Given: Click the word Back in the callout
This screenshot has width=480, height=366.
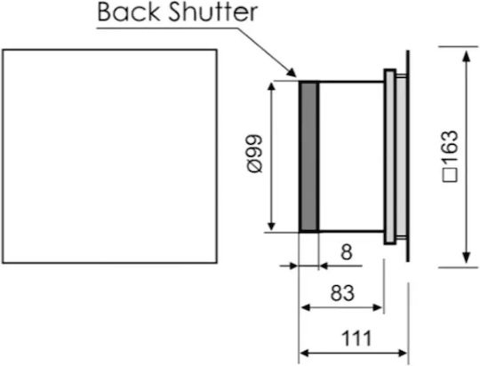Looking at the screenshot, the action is (x=128, y=12).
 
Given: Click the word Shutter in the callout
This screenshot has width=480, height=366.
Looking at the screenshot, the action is (x=213, y=12).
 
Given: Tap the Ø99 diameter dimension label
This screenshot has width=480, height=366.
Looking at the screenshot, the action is (x=255, y=154).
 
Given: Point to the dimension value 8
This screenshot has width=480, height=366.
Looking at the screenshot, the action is (x=347, y=252).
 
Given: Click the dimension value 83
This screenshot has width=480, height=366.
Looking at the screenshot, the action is (x=342, y=292).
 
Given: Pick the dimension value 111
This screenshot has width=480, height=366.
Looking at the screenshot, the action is (x=356, y=338).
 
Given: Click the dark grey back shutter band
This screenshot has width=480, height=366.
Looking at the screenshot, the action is (x=308, y=156).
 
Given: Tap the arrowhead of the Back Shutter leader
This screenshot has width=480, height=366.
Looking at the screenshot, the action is (x=292, y=73).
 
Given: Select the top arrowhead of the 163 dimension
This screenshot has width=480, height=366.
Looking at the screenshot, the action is (x=466, y=56).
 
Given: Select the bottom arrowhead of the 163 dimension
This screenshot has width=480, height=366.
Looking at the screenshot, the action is (x=466, y=257).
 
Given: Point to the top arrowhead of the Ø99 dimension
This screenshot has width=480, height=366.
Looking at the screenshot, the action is (x=271, y=88).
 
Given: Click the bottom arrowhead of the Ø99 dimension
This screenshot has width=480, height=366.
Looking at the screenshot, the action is (x=271, y=226).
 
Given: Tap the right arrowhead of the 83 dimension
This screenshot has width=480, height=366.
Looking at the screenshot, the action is (x=377, y=307).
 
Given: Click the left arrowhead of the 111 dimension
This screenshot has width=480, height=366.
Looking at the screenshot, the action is (x=305, y=354).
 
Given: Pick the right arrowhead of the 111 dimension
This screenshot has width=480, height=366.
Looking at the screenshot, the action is (x=402, y=354).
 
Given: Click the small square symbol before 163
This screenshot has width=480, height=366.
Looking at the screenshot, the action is (x=450, y=175).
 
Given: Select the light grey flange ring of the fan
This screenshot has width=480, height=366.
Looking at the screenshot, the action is (x=389, y=156).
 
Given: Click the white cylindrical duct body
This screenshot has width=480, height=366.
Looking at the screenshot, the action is (x=351, y=156).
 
